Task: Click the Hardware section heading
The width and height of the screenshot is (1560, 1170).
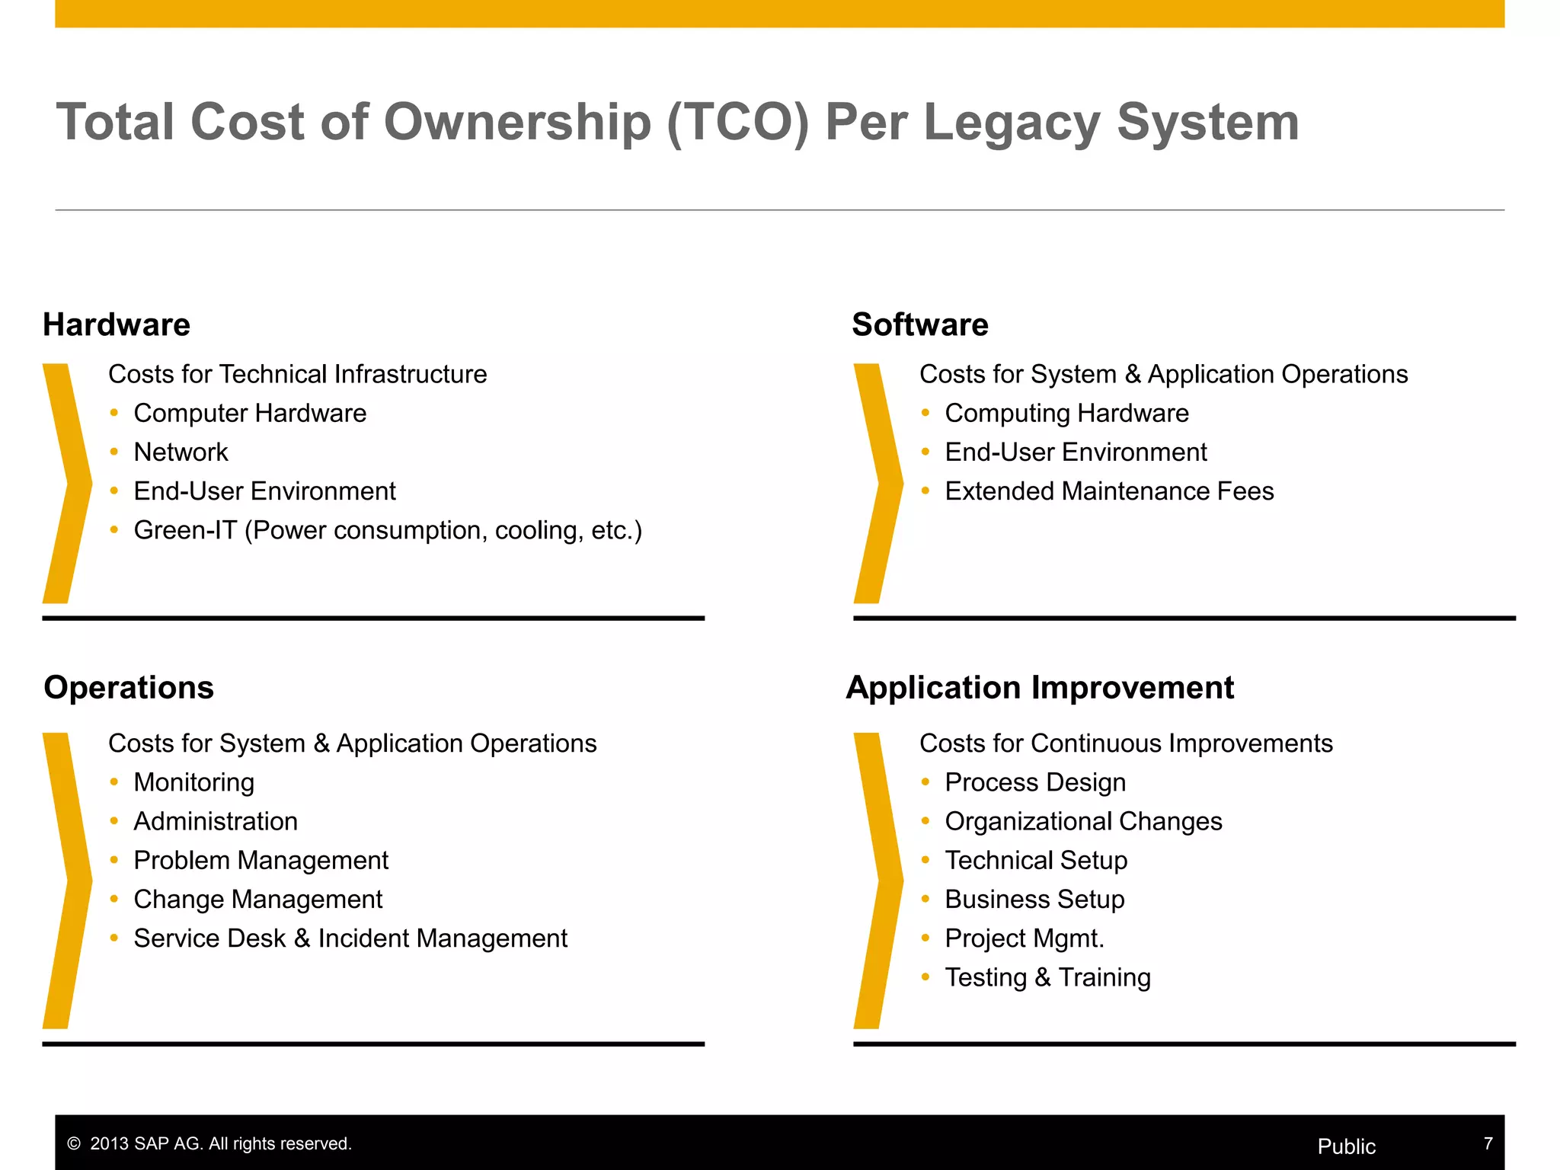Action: coord(117,324)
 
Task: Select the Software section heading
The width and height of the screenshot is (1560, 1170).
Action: coord(920,324)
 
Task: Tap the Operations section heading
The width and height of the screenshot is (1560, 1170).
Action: coord(129,687)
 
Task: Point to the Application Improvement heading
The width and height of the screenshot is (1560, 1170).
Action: coord(1040,687)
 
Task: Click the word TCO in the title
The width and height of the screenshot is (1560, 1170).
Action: coord(737,122)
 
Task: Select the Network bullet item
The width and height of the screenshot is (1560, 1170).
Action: coord(181,452)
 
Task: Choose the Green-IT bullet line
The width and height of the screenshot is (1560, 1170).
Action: coord(388,530)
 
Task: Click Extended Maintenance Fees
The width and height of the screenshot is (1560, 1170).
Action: coord(1109,491)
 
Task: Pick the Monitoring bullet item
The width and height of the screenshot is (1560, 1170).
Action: coord(193,782)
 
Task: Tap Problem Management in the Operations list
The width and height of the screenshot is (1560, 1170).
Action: coord(261,861)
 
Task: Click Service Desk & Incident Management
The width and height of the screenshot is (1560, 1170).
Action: coord(350,938)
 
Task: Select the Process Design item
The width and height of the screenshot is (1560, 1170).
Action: coord(1035,782)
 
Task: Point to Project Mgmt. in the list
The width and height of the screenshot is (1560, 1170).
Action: coord(1025,938)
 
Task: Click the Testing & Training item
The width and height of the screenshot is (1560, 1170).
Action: coord(1047,977)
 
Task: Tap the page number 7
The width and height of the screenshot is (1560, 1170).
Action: coord(1488,1143)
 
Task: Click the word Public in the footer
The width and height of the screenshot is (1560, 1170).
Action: coord(1346,1146)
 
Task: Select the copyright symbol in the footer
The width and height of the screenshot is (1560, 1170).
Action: coord(74,1144)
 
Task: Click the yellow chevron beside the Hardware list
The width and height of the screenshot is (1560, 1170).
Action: coord(67,483)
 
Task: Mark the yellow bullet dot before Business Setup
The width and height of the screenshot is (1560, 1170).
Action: coord(925,900)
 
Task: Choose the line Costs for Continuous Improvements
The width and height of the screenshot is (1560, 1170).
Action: coord(1126,743)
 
